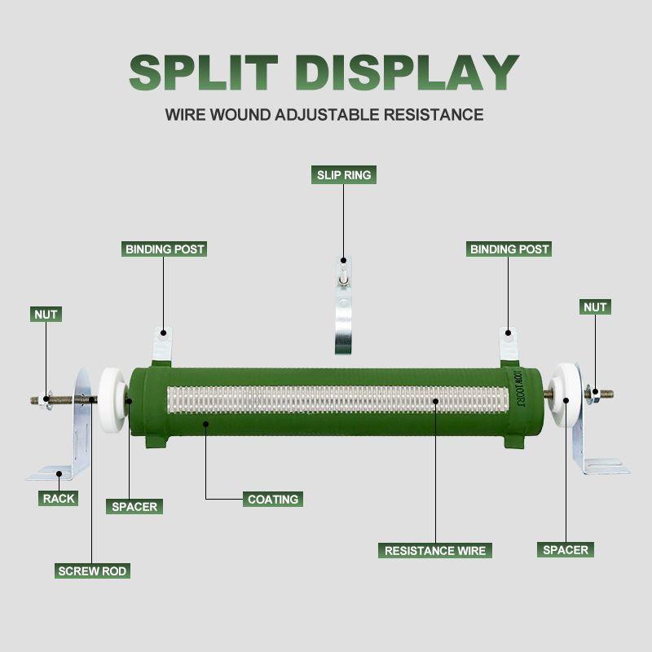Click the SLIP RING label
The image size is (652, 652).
pyautogui.click(x=344, y=174)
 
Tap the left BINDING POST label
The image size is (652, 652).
pyautogui.click(x=164, y=249)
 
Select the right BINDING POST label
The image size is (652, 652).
pyautogui.click(x=509, y=249)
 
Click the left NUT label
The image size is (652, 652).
pyautogui.click(x=46, y=314)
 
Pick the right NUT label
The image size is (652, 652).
pyautogui.click(x=595, y=307)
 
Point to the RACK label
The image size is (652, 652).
pyautogui.click(x=58, y=498)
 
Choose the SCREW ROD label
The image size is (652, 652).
pyautogui.click(x=92, y=571)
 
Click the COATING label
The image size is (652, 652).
pyautogui.click(x=273, y=499)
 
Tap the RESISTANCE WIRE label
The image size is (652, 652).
pyautogui.click(x=435, y=551)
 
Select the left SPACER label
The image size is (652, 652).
pyautogui.click(x=134, y=506)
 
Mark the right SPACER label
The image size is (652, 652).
pyautogui.click(x=565, y=550)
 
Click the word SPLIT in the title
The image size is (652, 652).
pyautogui.click(x=208, y=73)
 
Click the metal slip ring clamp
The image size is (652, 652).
pyautogui.click(x=344, y=314)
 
